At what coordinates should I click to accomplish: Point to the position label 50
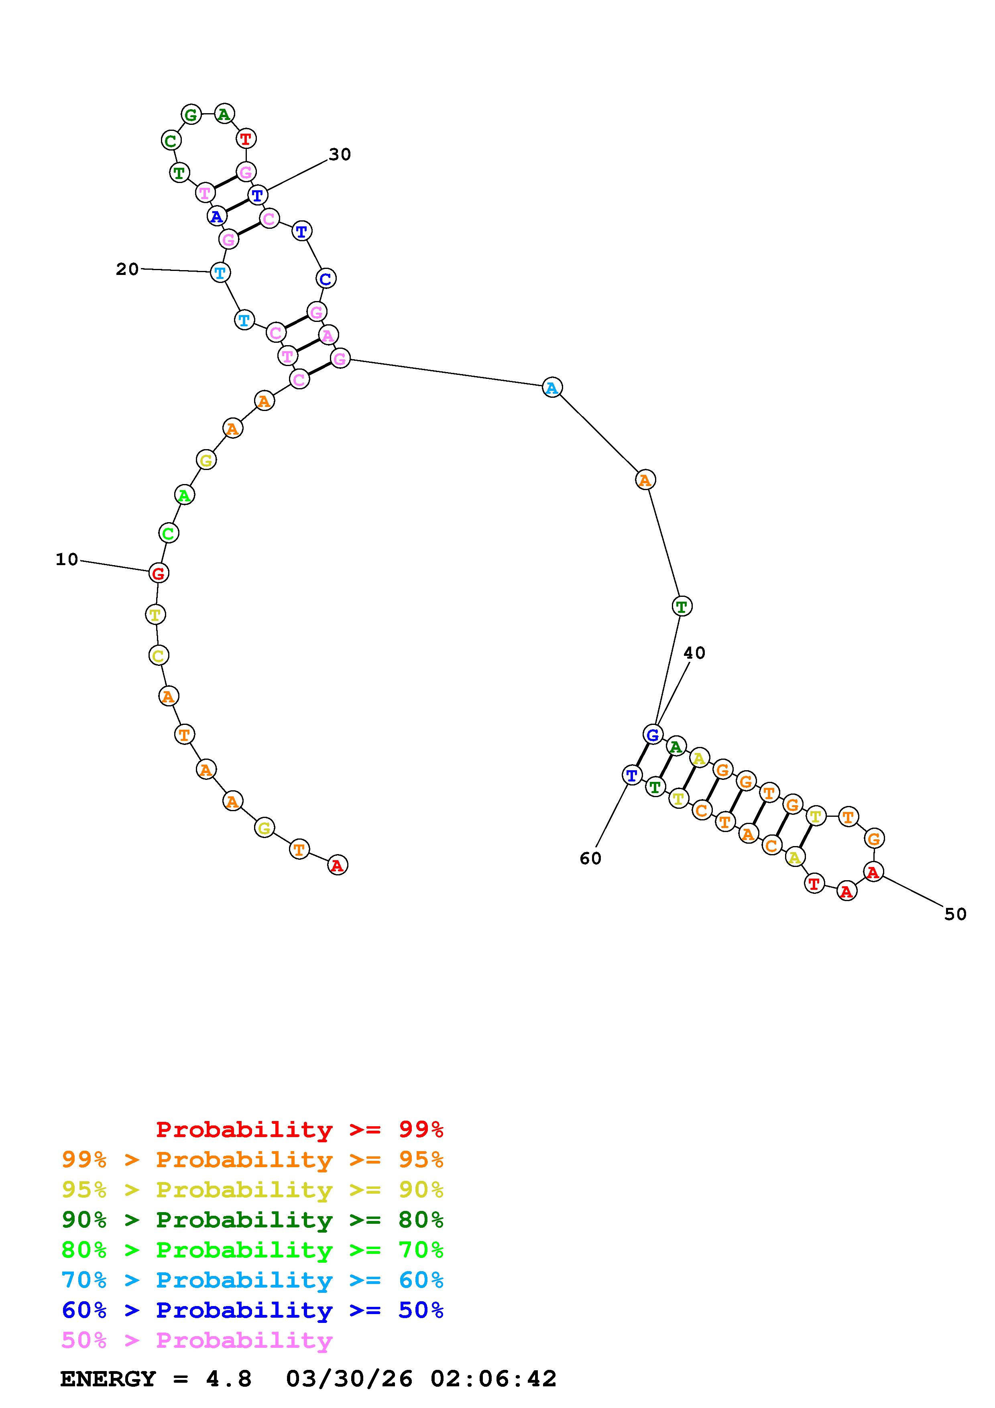(955, 914)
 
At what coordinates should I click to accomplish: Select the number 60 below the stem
(590, 859)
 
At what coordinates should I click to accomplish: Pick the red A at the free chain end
(337, 865)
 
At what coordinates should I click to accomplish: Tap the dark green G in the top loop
(191, 115)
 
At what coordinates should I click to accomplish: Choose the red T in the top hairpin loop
(246, 138)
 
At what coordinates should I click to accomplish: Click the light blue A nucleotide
(552, 388)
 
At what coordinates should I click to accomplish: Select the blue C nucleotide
(326, 279)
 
